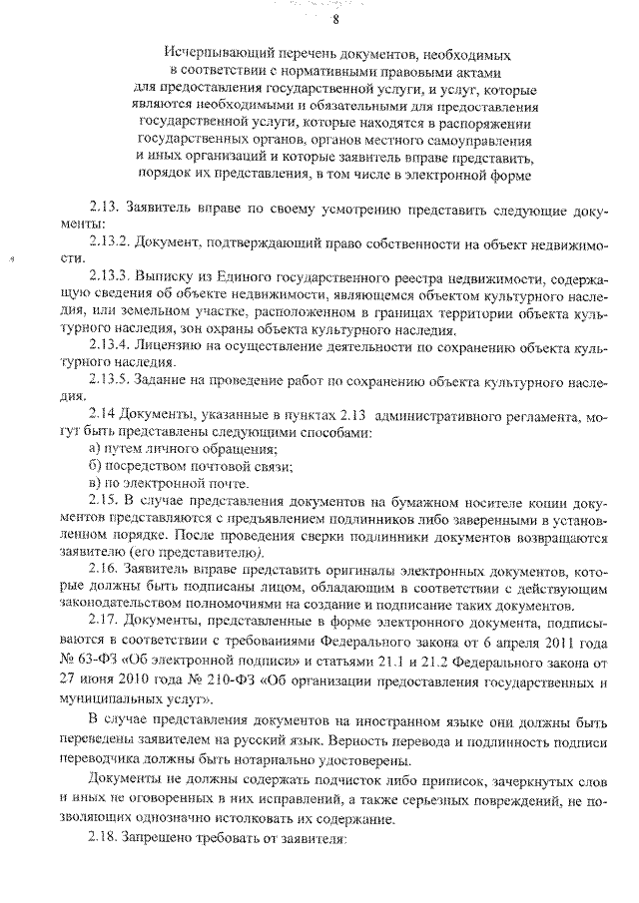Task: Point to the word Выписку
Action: coord(165,274)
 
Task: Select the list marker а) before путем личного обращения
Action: coord(95,451)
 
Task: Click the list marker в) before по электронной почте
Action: coord(95,486)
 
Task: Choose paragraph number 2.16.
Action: coord(104,572)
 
